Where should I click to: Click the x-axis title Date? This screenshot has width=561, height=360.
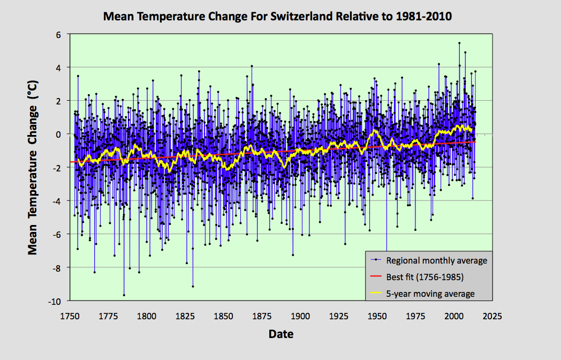280,334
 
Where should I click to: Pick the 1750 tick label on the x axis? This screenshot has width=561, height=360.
70,316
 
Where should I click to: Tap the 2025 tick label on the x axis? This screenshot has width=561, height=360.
492,316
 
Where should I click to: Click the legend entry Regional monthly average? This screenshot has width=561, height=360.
436,261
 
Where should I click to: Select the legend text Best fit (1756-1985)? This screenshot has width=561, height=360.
424,277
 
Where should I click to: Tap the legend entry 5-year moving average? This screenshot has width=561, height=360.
430,294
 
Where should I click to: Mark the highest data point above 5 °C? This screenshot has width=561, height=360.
459,43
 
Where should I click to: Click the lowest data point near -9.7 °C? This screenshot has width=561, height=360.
124,295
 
